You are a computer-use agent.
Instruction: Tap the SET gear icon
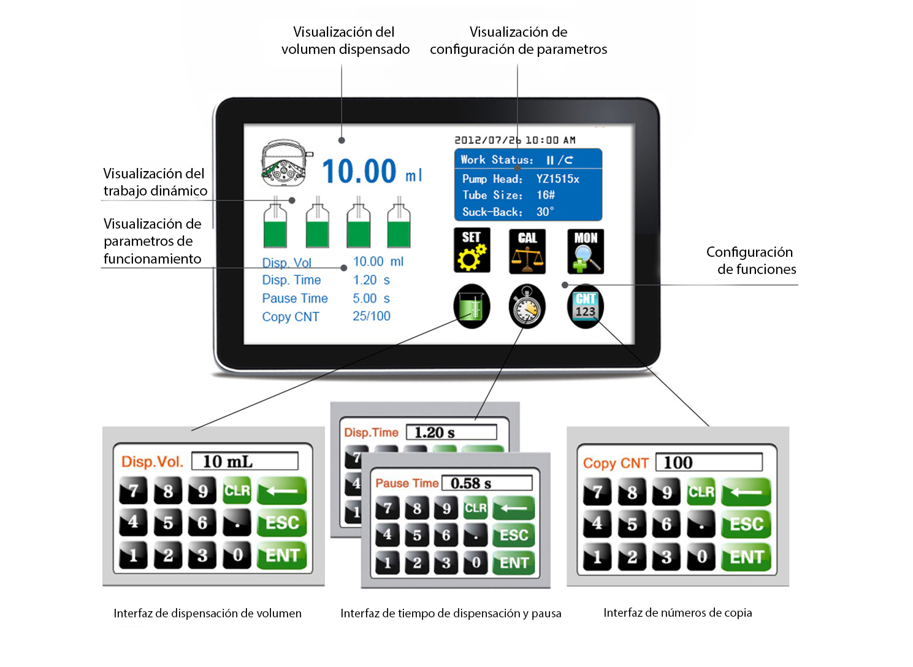[x=472, y=250]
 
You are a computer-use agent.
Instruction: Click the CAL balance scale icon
[x=527, y=251]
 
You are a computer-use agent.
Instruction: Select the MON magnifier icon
[x=586, y=251]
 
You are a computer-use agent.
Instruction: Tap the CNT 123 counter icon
[x=586, y=307]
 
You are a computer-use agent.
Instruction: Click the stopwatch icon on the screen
[x=527, y=307]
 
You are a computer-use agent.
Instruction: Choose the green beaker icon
[x=472, y=307]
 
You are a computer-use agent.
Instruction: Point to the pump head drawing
[x=286, y=163]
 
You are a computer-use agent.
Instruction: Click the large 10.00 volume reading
[x=359, y=171]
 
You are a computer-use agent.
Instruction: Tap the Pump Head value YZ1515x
[x=557, y=179]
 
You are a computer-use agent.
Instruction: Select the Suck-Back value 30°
[x=545, y=212]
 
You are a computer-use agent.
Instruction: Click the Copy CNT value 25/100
[x=372, y=316]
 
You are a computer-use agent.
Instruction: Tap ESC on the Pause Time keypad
[x=514, y=535]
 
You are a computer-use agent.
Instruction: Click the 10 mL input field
[x=245, y=462]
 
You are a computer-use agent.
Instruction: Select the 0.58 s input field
[x=487, y=483]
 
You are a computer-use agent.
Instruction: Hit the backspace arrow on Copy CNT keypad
[x=746, y=492]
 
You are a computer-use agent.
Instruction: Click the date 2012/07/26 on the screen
[x=487, y=140]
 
